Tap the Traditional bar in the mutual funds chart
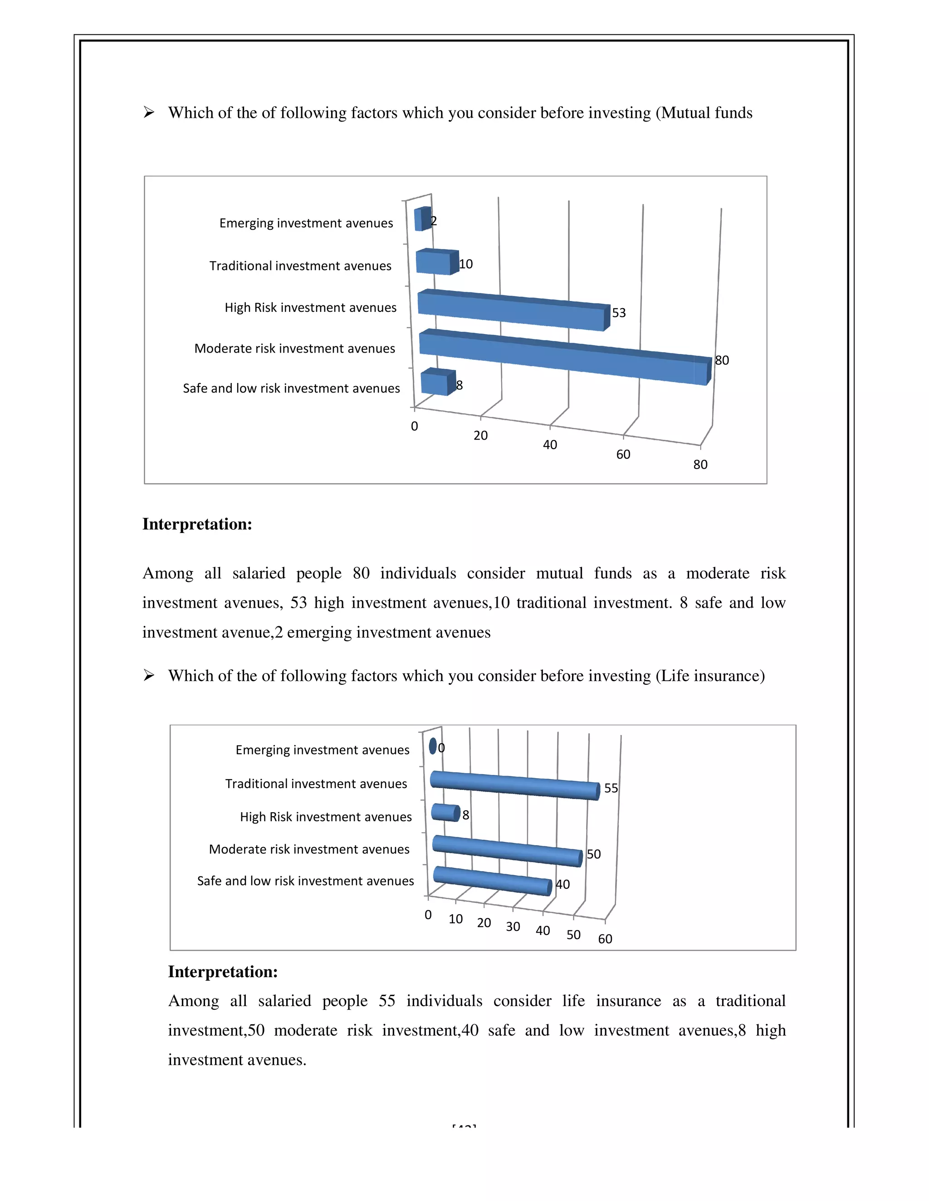(x=435, y=262)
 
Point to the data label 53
(x=619, y=313)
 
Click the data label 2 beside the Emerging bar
(x=434, y=221)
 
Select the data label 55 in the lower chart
(x=611, y=788)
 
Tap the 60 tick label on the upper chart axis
(x=623, y=454)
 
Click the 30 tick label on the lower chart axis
(x=513, y=927)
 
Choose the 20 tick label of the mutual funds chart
(x=480, y=436)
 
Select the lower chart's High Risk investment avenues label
(x=326, y=817)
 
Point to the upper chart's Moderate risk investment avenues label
(x=294, y=348)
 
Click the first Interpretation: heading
(x=197, y=524)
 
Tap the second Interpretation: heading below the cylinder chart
(x=223, y=972)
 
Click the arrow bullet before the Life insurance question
(x=149, y=675)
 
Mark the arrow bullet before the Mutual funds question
(x=149, y=112)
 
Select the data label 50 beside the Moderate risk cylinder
(x=593, y=854)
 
